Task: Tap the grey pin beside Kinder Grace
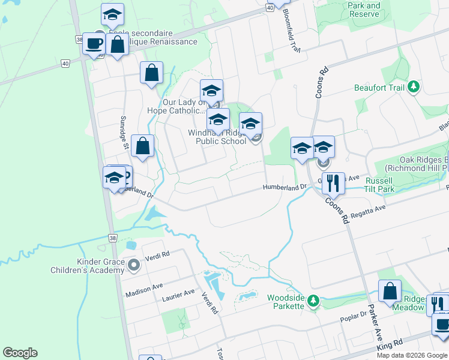tap(133, 264)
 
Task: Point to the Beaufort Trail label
tap(382, 87)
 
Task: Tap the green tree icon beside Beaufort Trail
tap(413, 88)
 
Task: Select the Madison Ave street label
tap(143, 290)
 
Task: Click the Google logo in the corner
tap(20, 353)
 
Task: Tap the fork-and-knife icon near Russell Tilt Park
tap(333, 182)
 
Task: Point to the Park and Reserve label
tap(364, 10)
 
